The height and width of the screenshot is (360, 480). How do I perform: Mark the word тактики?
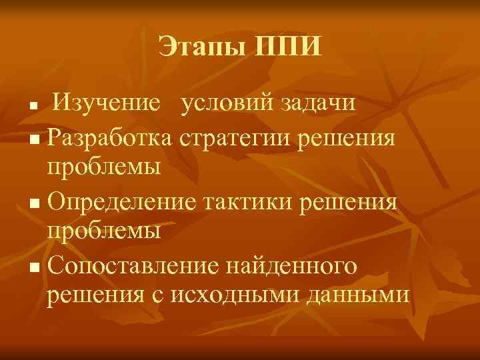coord(253,199)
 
